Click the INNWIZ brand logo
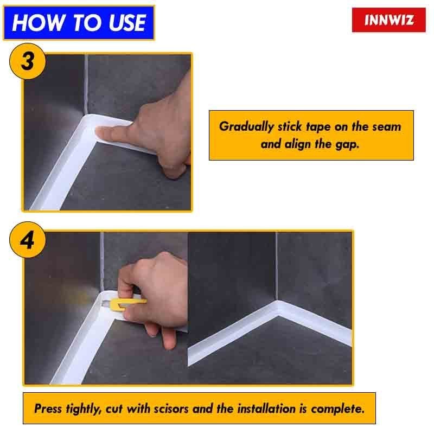(x=389, y=20)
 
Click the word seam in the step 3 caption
(x=387, y=126)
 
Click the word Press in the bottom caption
(x=47, y=409)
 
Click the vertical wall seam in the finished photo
(x=276, y=266)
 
